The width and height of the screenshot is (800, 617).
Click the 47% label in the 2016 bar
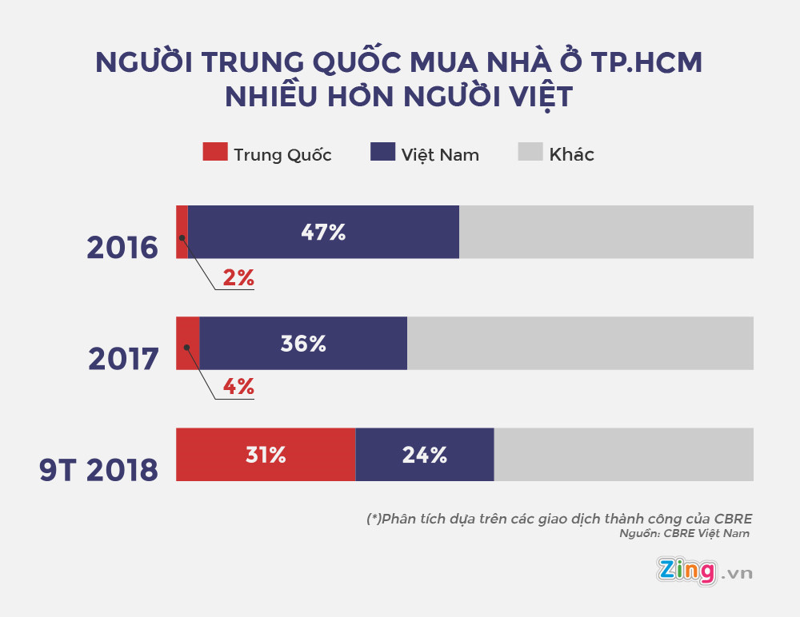323,233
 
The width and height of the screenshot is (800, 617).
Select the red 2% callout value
238,278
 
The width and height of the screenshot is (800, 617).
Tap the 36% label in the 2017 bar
303,344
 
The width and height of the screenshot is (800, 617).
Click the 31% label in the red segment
266,455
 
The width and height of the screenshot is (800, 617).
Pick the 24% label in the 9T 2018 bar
424,455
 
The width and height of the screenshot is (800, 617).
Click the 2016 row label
122,249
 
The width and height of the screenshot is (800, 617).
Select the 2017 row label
123,360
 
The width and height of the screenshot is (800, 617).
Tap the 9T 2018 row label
98,470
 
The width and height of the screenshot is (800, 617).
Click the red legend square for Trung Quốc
214,152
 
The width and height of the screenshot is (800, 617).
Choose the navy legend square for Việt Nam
382,152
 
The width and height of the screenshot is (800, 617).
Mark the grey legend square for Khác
530,152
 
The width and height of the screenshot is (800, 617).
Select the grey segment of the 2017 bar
580,344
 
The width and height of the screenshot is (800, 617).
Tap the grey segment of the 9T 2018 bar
624,455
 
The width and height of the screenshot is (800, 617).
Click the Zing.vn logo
704,571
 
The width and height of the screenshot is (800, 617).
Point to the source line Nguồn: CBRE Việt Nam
685,534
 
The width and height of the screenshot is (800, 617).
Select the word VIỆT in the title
534,97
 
